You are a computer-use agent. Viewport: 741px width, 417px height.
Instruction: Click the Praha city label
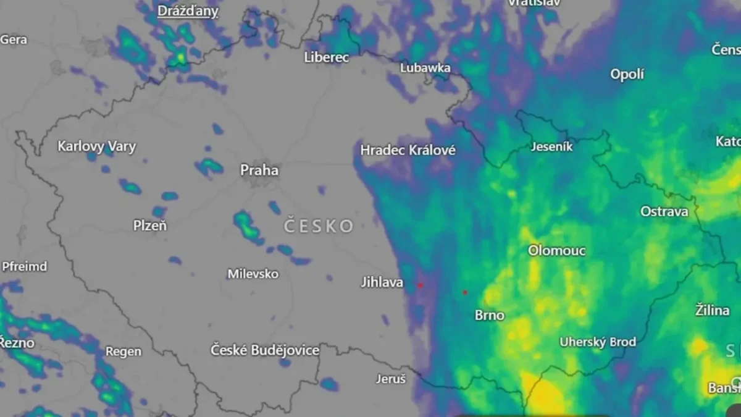click(259, 170)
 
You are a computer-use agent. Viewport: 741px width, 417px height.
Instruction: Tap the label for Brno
click(490, 316)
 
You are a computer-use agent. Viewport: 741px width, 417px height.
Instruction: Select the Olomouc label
click(556, 251)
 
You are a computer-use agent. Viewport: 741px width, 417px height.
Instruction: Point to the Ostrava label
click(664, 212)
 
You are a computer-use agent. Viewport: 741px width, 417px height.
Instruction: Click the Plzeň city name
click(150, 226)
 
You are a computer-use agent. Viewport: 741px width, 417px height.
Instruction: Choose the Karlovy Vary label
click(96, 147)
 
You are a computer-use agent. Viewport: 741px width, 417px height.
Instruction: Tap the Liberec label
click(327, 57)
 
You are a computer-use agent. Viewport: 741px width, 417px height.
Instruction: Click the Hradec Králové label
click(408, 150)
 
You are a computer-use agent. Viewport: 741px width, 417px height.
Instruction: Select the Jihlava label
click(382, 282)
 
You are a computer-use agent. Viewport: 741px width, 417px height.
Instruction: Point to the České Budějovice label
click(265, 350)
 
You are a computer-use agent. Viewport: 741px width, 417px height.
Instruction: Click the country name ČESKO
click(319, 226)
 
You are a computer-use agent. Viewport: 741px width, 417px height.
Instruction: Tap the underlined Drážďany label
click(188, 11)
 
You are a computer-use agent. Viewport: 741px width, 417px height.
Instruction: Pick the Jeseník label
click(552, 147)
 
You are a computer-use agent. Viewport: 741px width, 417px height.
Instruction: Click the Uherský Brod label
click(598, 342)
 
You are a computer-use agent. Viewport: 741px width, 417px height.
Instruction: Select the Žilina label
click(713, 310)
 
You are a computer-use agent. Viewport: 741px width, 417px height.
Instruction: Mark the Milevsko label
click(253, 274)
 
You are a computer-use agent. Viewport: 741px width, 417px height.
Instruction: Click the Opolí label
click(627, 75)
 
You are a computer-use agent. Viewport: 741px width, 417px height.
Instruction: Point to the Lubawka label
click(425, 68)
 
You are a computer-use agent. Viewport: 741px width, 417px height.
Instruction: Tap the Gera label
click(14, 40)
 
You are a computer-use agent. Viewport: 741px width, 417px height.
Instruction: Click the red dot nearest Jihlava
click(420, 285)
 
